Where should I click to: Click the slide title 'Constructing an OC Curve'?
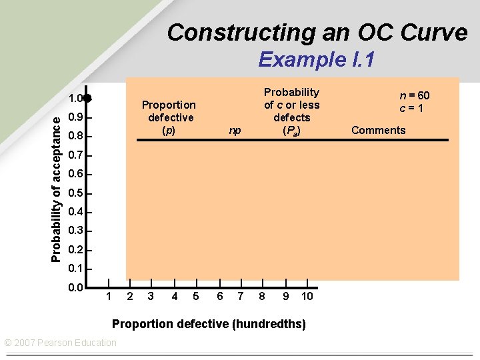coord(317,32)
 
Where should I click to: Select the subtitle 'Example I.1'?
coord(316,60)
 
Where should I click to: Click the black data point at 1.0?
coord(87,98)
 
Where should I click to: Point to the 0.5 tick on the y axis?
coord(76,193)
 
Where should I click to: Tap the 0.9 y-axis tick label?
coord(76,118)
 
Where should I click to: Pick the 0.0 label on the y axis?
coord(75,288)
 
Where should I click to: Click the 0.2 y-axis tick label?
coord(76,250)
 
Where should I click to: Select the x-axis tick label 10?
coord(306,296)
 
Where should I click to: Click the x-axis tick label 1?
coord(109,296)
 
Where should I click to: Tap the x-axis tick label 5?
coord(196,296)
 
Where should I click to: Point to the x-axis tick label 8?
coord(262,296)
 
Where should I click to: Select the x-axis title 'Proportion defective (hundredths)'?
coord(209,325)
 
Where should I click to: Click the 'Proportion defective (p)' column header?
coord(169,117)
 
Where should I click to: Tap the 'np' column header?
coord(235,131)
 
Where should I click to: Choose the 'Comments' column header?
coord(378,130)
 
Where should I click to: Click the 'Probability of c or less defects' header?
coord(291,111)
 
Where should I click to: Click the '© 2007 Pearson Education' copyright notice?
coord(60,343)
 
